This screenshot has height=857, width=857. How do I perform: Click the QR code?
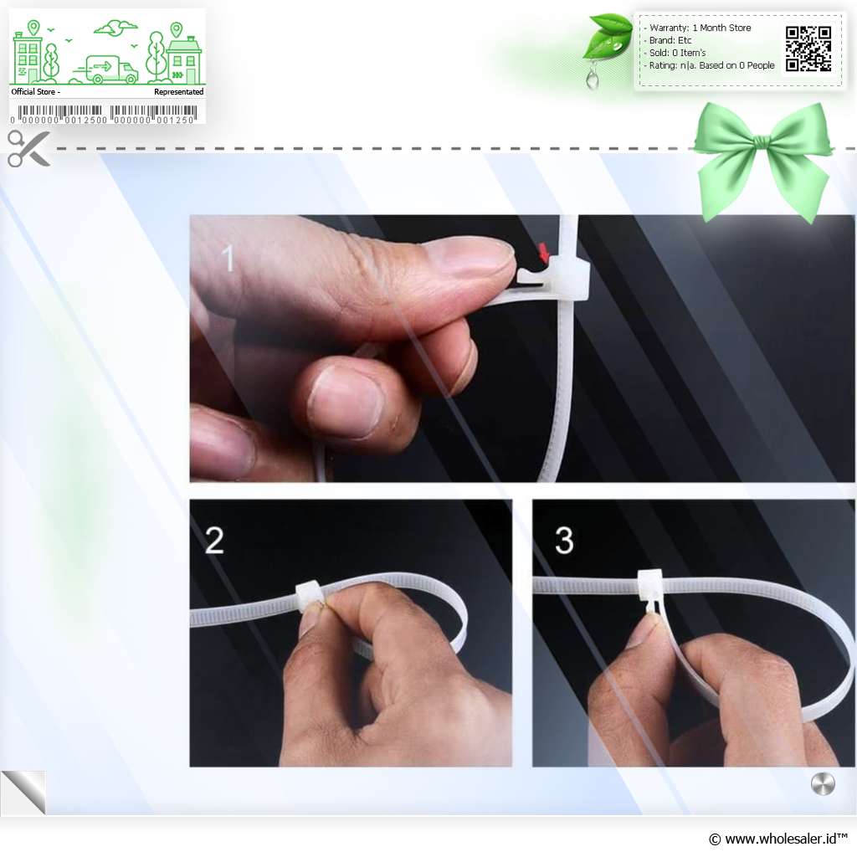[x=808, y=49]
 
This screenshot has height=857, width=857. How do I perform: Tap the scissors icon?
[x=29, y=148]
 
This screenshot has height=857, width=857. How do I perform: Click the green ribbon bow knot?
[x=762, y=144]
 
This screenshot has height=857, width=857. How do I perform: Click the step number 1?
[x=228, y=258]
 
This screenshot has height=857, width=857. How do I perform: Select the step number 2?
[x=214, y=540]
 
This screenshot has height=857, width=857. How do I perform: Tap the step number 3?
[x=564, y=541]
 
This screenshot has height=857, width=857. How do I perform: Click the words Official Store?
[x=33, y=92]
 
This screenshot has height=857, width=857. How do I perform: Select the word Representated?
[x=179, y=92]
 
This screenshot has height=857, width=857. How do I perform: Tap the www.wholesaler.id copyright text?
[x=778, y=839]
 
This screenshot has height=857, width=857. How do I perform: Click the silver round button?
[x=823, y=784]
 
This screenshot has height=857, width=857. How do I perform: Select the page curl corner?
[x=23, y=792]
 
